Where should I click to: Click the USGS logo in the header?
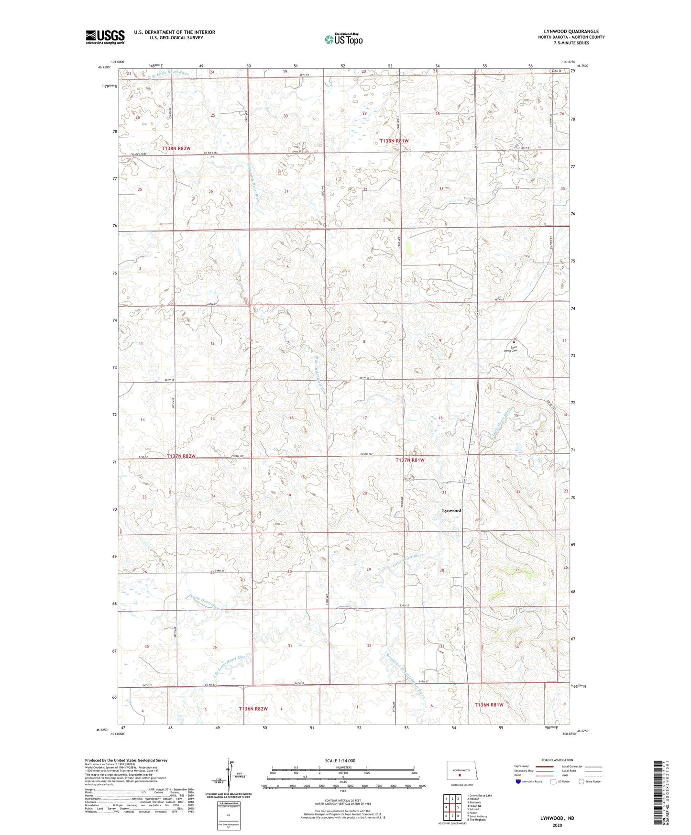click(105, 37)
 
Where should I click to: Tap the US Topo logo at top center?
click(343, 39)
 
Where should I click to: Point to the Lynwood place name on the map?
click(451, 510)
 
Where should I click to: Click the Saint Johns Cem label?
click(511, 349)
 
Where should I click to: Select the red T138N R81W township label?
click(394, 141)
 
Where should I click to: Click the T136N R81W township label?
click(489, 705)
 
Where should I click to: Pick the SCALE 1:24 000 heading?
click(340, 760)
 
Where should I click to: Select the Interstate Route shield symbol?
click(518, 781)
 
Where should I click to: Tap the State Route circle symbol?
click(581, 781)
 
